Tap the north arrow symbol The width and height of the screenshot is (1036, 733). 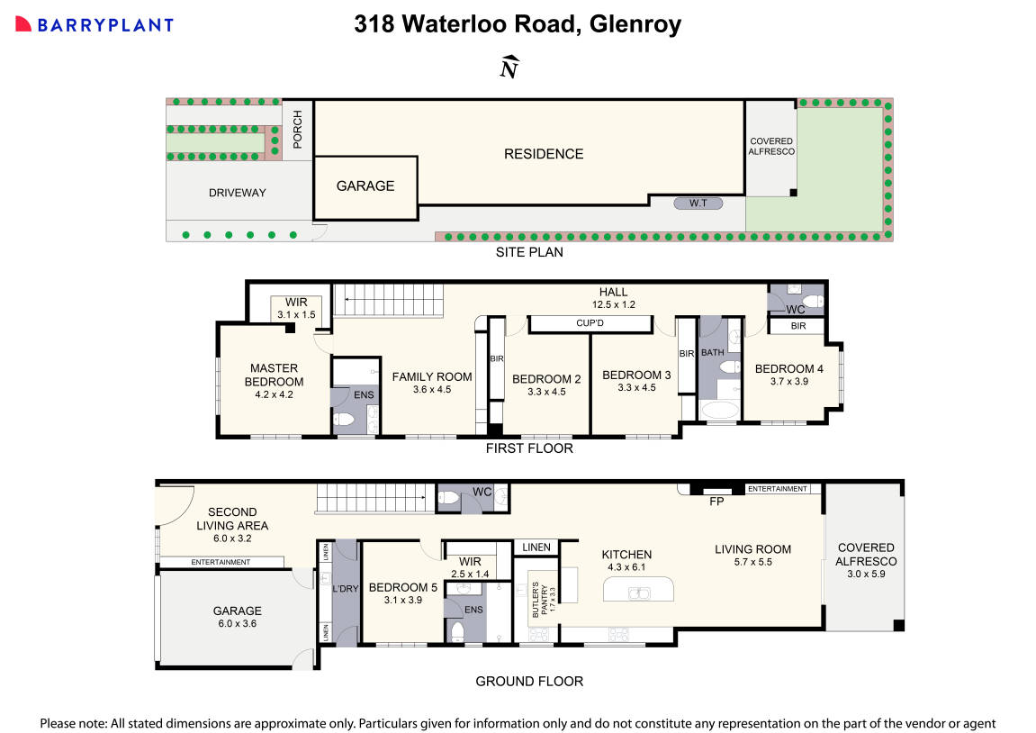pos(509,68)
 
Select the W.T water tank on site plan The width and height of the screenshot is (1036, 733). pos(698,204)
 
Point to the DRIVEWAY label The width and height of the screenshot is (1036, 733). pos(238,193)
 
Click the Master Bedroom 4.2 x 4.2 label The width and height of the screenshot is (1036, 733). pos(274,381)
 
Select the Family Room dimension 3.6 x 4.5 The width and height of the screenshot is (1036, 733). pos(431,390)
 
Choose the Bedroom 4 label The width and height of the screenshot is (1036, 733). pos(788,368)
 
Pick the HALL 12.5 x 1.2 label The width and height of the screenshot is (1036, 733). pos(613,298)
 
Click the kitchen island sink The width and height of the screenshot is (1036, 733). pos(639,593)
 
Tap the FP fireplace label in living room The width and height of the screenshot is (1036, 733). pos(716,501)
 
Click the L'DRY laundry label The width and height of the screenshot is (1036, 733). pos(346,588)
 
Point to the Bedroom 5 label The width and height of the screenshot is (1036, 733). pos(402,587)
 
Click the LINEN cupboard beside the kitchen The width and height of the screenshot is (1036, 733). pos(536,547)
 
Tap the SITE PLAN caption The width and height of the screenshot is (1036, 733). pos(529,252)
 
